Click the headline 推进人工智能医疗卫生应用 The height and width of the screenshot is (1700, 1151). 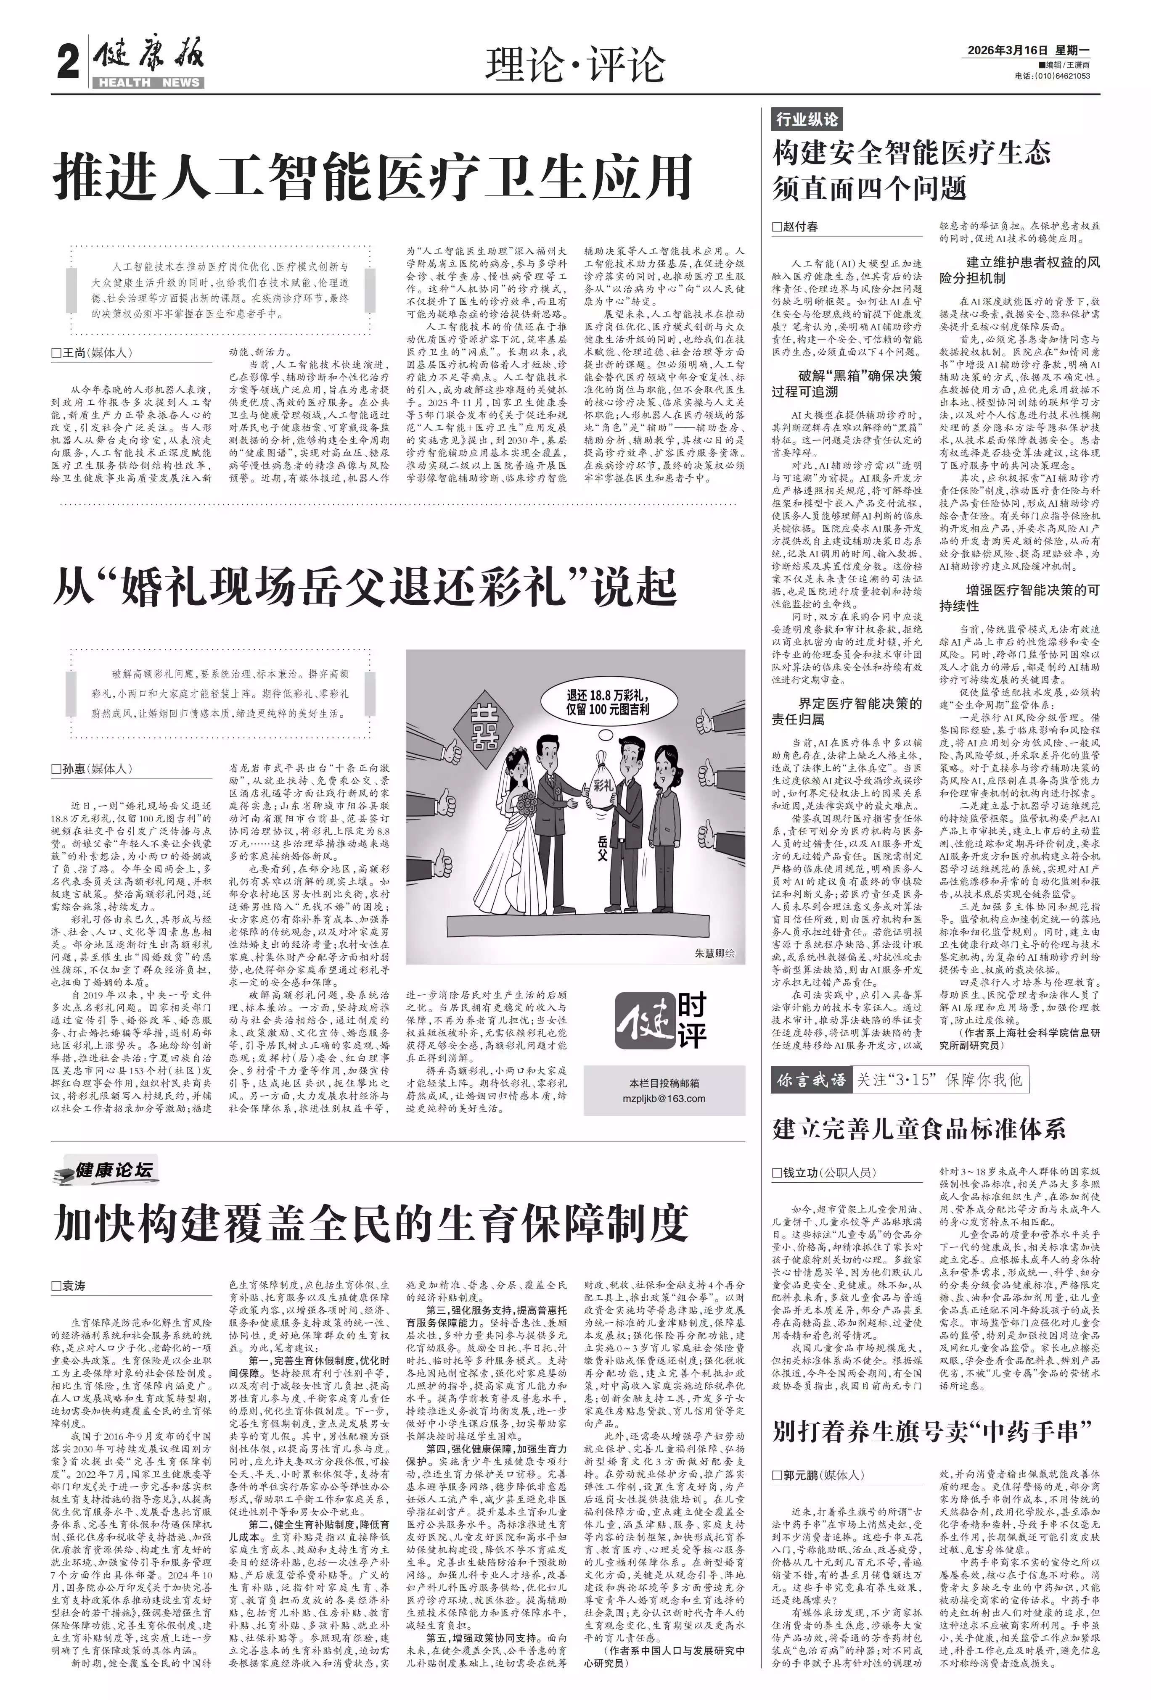373,176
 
